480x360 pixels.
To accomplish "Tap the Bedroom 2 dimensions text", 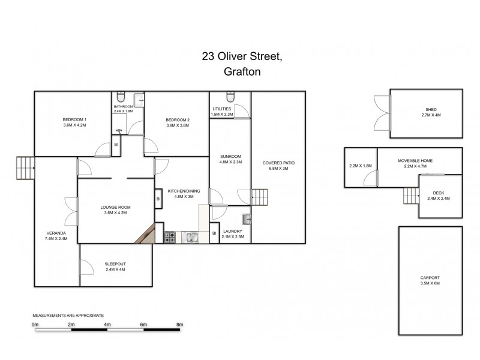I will click(x=177, y=125).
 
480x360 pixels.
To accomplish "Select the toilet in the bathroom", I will click(x=121, y=97).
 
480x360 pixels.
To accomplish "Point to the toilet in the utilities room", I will click(x=230, y=97).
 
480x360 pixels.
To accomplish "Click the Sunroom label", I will click(x=230, y=156).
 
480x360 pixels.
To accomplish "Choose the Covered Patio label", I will click(x=278, y=163).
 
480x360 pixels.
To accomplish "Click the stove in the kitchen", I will click(x=170, y=238).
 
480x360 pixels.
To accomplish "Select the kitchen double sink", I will click(x=191, y=238).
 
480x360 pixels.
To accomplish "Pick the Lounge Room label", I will click(x=115, y=207).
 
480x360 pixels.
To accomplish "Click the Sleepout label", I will click(x=115, y=263).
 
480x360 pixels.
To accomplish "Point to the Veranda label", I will click(x=56, y=233).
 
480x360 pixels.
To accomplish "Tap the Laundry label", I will click(x=232, y=231).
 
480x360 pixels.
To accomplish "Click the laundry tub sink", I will click(x=246, y=218).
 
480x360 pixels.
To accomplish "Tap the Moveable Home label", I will click(x=415, y=161).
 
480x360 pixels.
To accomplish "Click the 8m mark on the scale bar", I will click(x=179, y=324).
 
